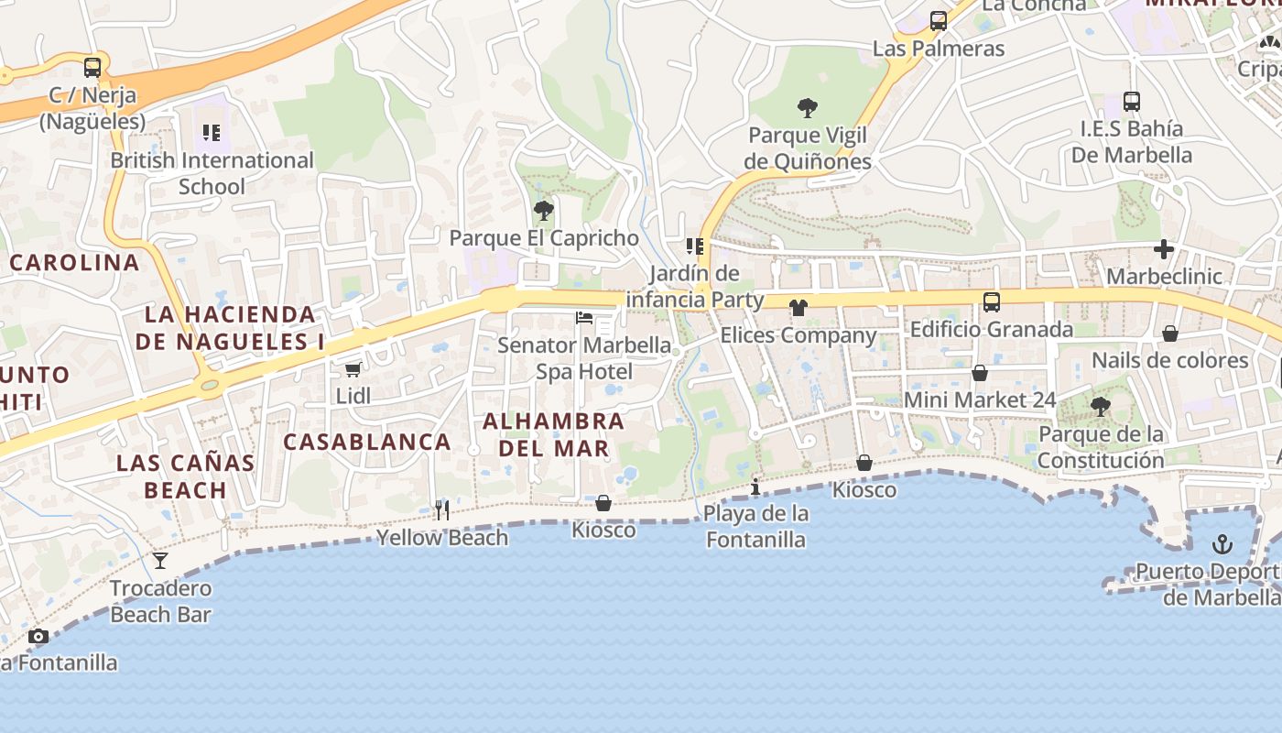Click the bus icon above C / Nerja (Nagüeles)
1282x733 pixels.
[x=92, y=67]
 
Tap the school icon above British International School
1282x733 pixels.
[x=212, y=134]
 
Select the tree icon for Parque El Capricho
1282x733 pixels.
[x=544, y=212]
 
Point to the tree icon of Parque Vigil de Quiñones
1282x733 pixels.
[x=807, y=109]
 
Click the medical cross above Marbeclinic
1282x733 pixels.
[x=1163, y=249]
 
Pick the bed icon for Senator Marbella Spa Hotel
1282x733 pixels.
[x=584, y=319]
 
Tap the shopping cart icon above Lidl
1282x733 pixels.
[x=353, y=369]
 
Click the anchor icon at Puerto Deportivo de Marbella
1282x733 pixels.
[x=1222, y=545]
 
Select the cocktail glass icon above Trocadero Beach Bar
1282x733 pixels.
[x=160, y=561]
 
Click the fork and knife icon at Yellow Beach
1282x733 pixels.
[x=441, y=509]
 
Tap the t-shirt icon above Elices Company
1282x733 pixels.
[x=798, y=308]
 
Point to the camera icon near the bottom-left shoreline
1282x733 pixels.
[x=38, y=636]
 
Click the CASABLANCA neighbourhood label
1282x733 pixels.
[x=366, y=442]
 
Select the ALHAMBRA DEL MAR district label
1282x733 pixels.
[x=553, y=435]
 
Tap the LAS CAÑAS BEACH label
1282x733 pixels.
[x=186, y=476]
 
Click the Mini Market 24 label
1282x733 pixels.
[x=980, y=400]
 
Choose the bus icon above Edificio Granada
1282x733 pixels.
[x=991, y=301]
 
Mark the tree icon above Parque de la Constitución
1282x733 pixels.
[x=1100, y=406]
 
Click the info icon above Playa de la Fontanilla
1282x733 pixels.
[x=755, y=486]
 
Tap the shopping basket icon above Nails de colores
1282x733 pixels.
[x=1169, y=334]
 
